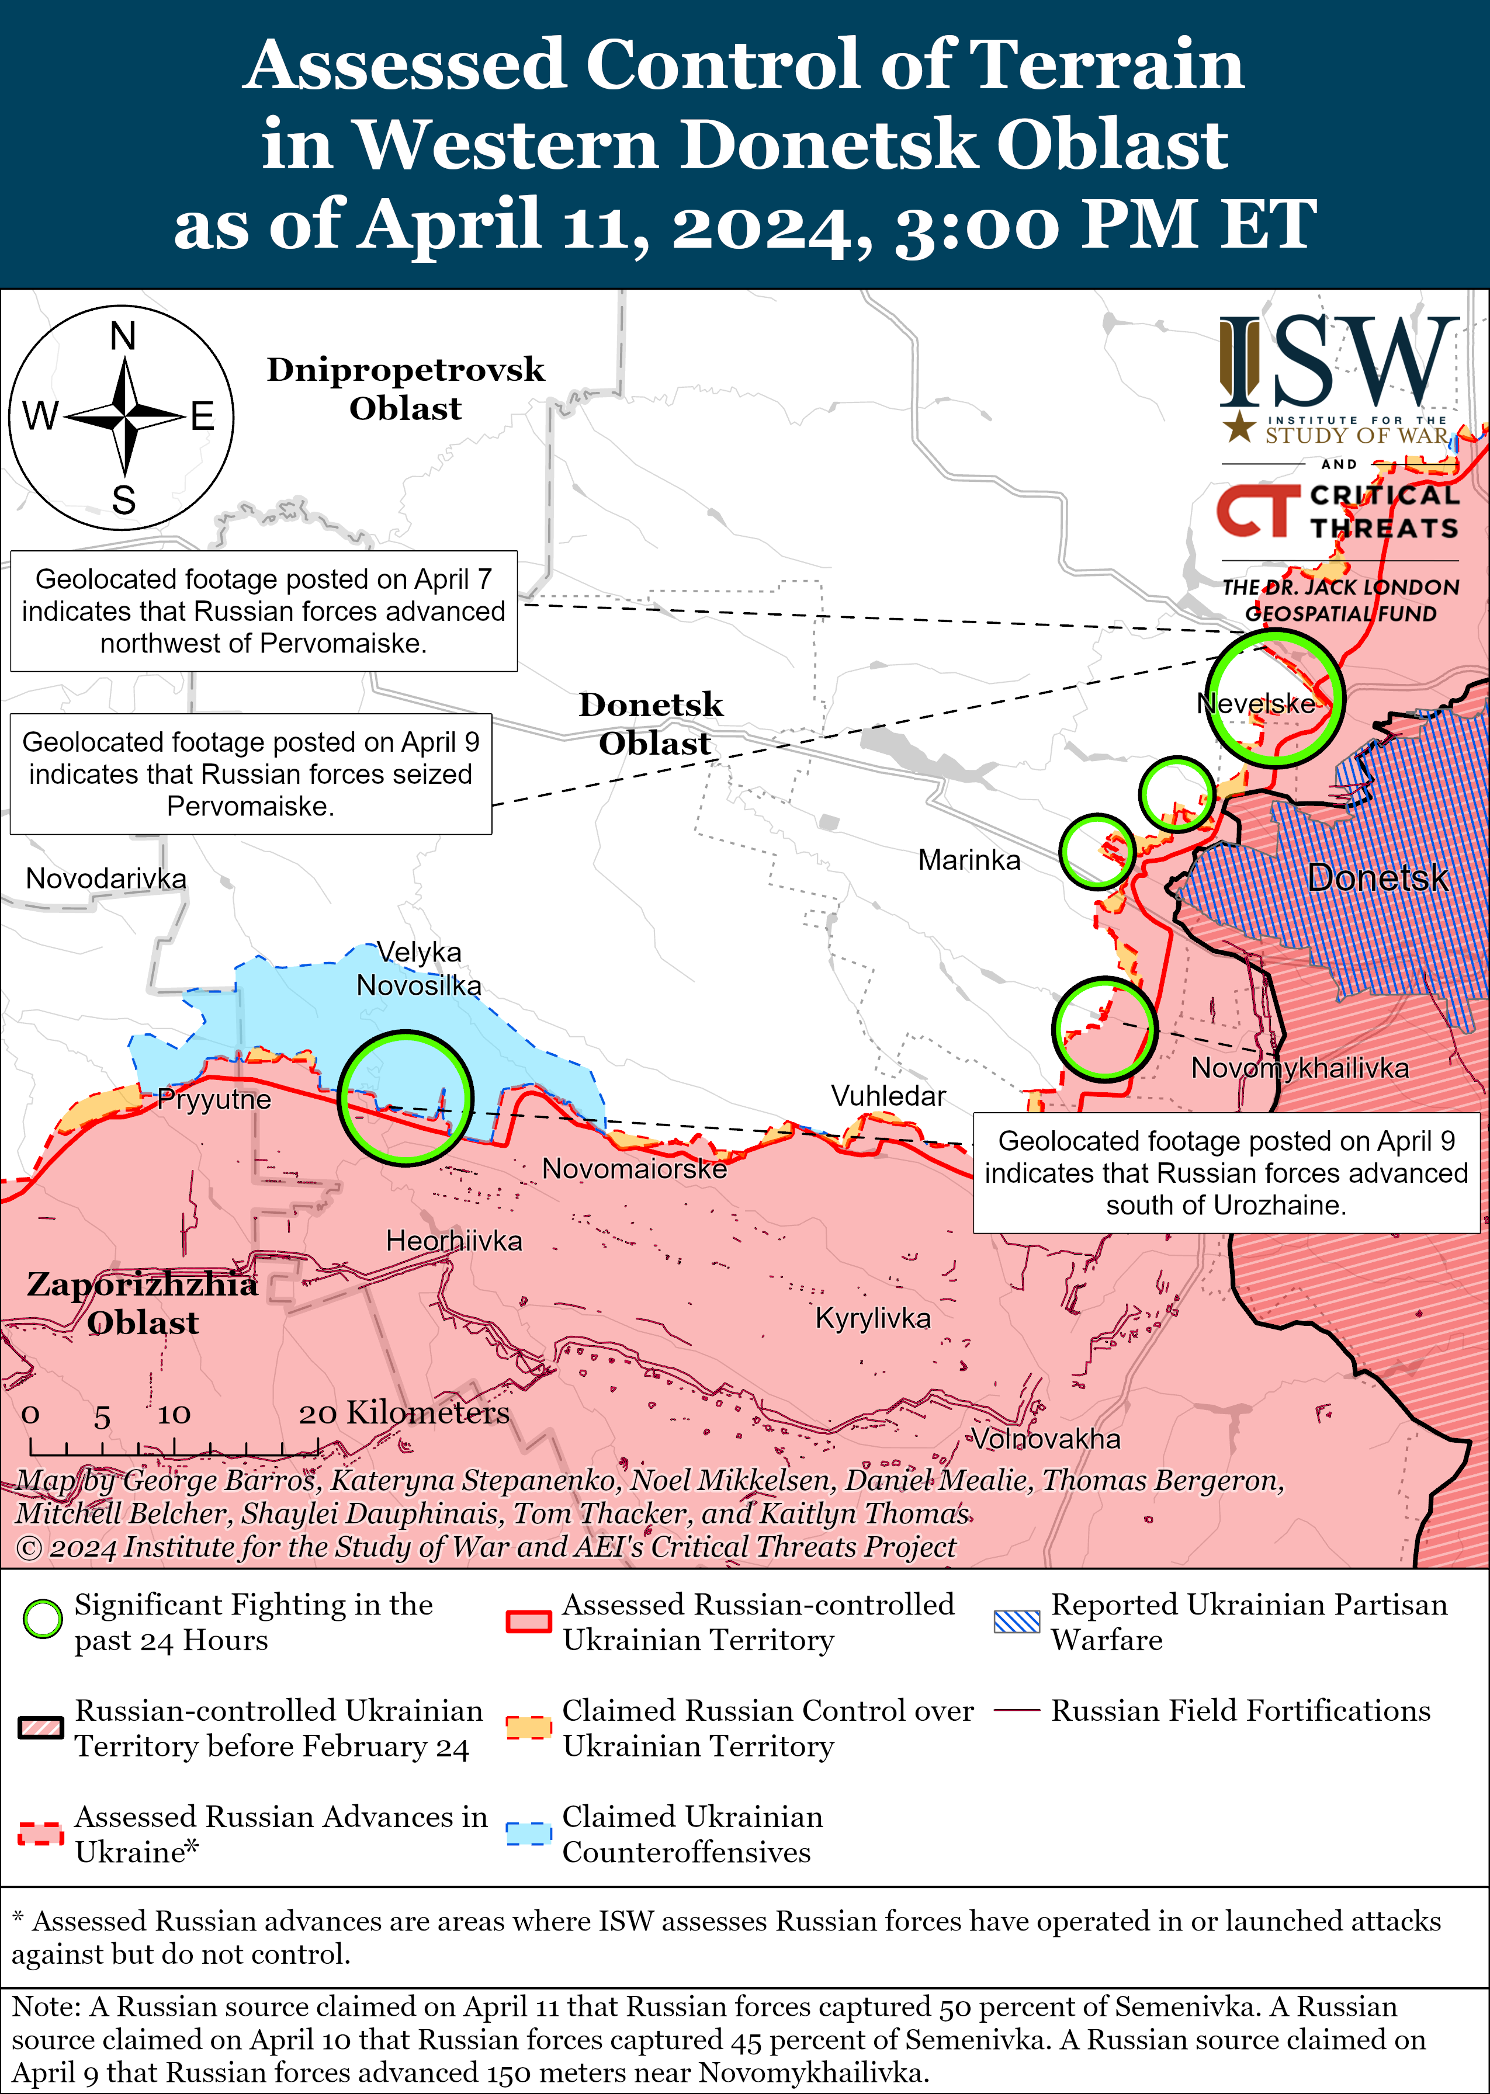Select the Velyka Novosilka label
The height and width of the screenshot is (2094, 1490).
[418, 968]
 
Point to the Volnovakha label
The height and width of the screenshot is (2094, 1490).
[1046, 1438]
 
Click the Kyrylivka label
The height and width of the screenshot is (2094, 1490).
[872, 1318]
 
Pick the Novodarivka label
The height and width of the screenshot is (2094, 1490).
[106, 878]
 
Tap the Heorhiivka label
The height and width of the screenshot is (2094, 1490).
[453, 1241]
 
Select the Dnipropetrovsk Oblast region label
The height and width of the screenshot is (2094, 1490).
[406, 388]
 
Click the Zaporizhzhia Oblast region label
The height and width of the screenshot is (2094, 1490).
[142, 1303]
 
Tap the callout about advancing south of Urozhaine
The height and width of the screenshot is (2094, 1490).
[1226, 1172]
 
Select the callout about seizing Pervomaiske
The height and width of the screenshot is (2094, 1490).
[251, 773]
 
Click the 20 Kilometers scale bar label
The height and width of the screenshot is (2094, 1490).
[404, 1412]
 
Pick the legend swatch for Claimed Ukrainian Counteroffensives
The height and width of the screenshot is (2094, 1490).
[528, 1833]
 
